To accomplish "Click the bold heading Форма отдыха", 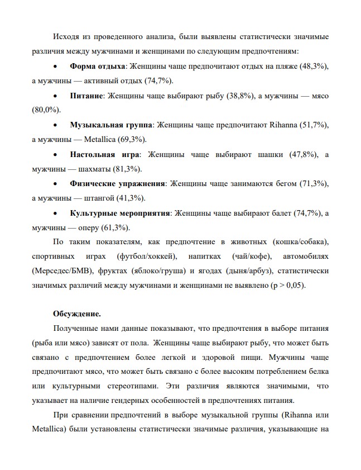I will [x=98, y=67].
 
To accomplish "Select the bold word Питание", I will [x=86, y=96].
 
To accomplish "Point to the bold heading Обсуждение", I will [x=77, y=314].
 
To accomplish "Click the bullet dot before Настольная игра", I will [x=54, y=155].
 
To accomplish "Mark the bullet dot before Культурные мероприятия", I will [x=54, y=213].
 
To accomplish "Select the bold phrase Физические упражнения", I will [x=118, y=183].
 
